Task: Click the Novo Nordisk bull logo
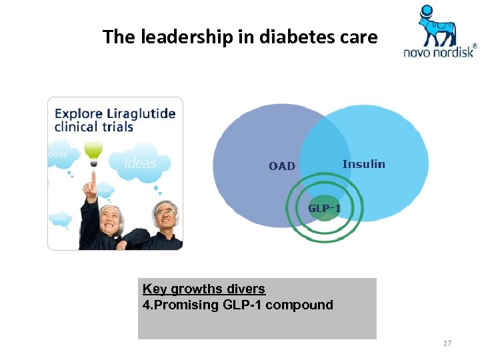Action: [x=437, y=25]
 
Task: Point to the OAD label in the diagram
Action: [x=282, y=166]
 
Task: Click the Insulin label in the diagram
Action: [x=363, y=164]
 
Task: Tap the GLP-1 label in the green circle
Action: [x=324, y=209]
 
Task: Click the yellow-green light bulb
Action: [x=93, y=151]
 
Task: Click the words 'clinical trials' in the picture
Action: [x=94, y=127]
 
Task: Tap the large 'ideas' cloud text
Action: [x=140, y=163]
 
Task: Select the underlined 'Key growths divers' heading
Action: [x=204, y=289]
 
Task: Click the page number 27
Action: [x=447, y=343]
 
